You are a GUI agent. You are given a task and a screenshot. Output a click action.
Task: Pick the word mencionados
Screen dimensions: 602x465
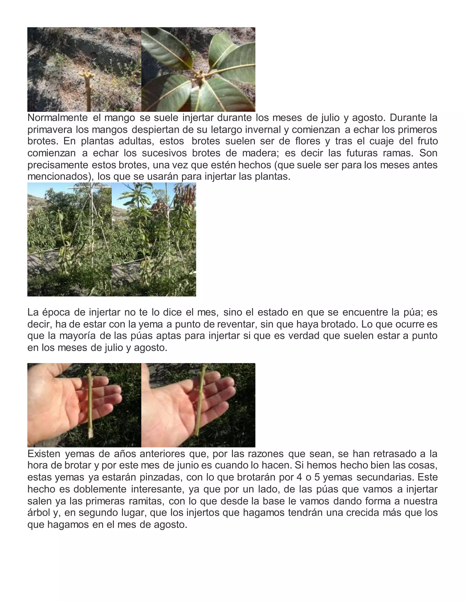(59, 177)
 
